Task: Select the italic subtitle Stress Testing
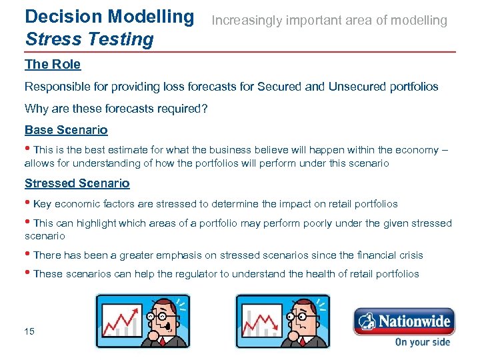click(89, 39)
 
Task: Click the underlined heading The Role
click(53, 65)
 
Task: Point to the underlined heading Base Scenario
click(66, 130)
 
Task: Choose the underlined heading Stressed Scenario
click(77, 183)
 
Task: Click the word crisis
click(408, 255)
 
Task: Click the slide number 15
click(29, 331)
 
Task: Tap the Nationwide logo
click(404, 321)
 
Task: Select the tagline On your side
click(423, 342)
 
